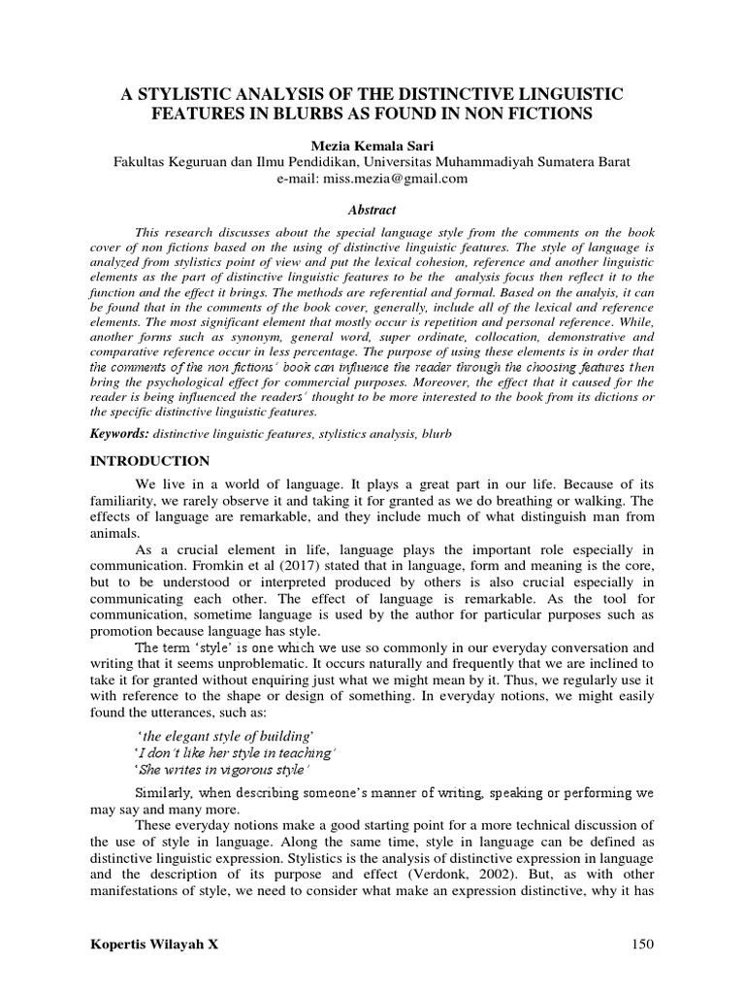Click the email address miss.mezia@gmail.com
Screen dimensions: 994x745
[x=372, y=179]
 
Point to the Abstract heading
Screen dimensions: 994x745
[x=372, y=209]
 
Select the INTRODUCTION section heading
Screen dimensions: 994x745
[x=149, y=460]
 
